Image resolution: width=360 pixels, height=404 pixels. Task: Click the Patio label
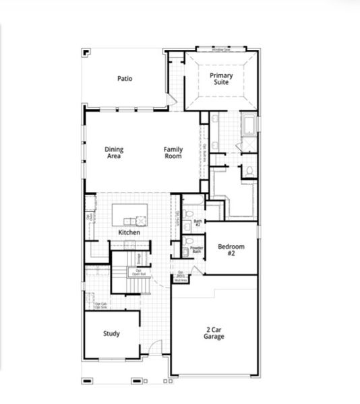[125, 79]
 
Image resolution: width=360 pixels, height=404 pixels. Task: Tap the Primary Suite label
[220, 79]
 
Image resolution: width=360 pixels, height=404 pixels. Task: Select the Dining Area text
[114, 153]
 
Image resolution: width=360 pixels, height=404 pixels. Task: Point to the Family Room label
[173, 153]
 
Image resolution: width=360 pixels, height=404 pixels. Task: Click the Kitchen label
[129, 232]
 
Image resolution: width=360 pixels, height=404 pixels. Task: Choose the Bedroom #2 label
[231, 250]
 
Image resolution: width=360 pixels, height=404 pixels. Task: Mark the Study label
[111, 333]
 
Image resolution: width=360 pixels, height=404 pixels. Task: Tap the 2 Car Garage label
[214, 333]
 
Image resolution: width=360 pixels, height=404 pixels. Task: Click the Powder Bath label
[197, 249]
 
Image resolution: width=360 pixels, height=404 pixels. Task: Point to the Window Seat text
[220, 50]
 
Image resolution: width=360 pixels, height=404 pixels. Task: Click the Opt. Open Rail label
[138, 272]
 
